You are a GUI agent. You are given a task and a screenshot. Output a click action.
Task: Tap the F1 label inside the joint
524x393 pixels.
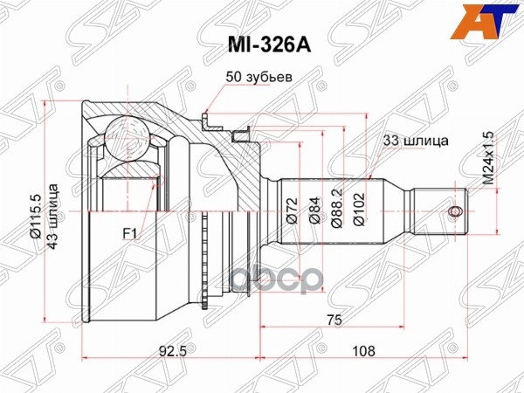point(132,234)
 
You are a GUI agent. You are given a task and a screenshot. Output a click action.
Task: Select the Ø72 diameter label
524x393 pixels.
point(295,211)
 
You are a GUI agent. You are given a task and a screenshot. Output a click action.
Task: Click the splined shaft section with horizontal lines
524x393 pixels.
point(393,211)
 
